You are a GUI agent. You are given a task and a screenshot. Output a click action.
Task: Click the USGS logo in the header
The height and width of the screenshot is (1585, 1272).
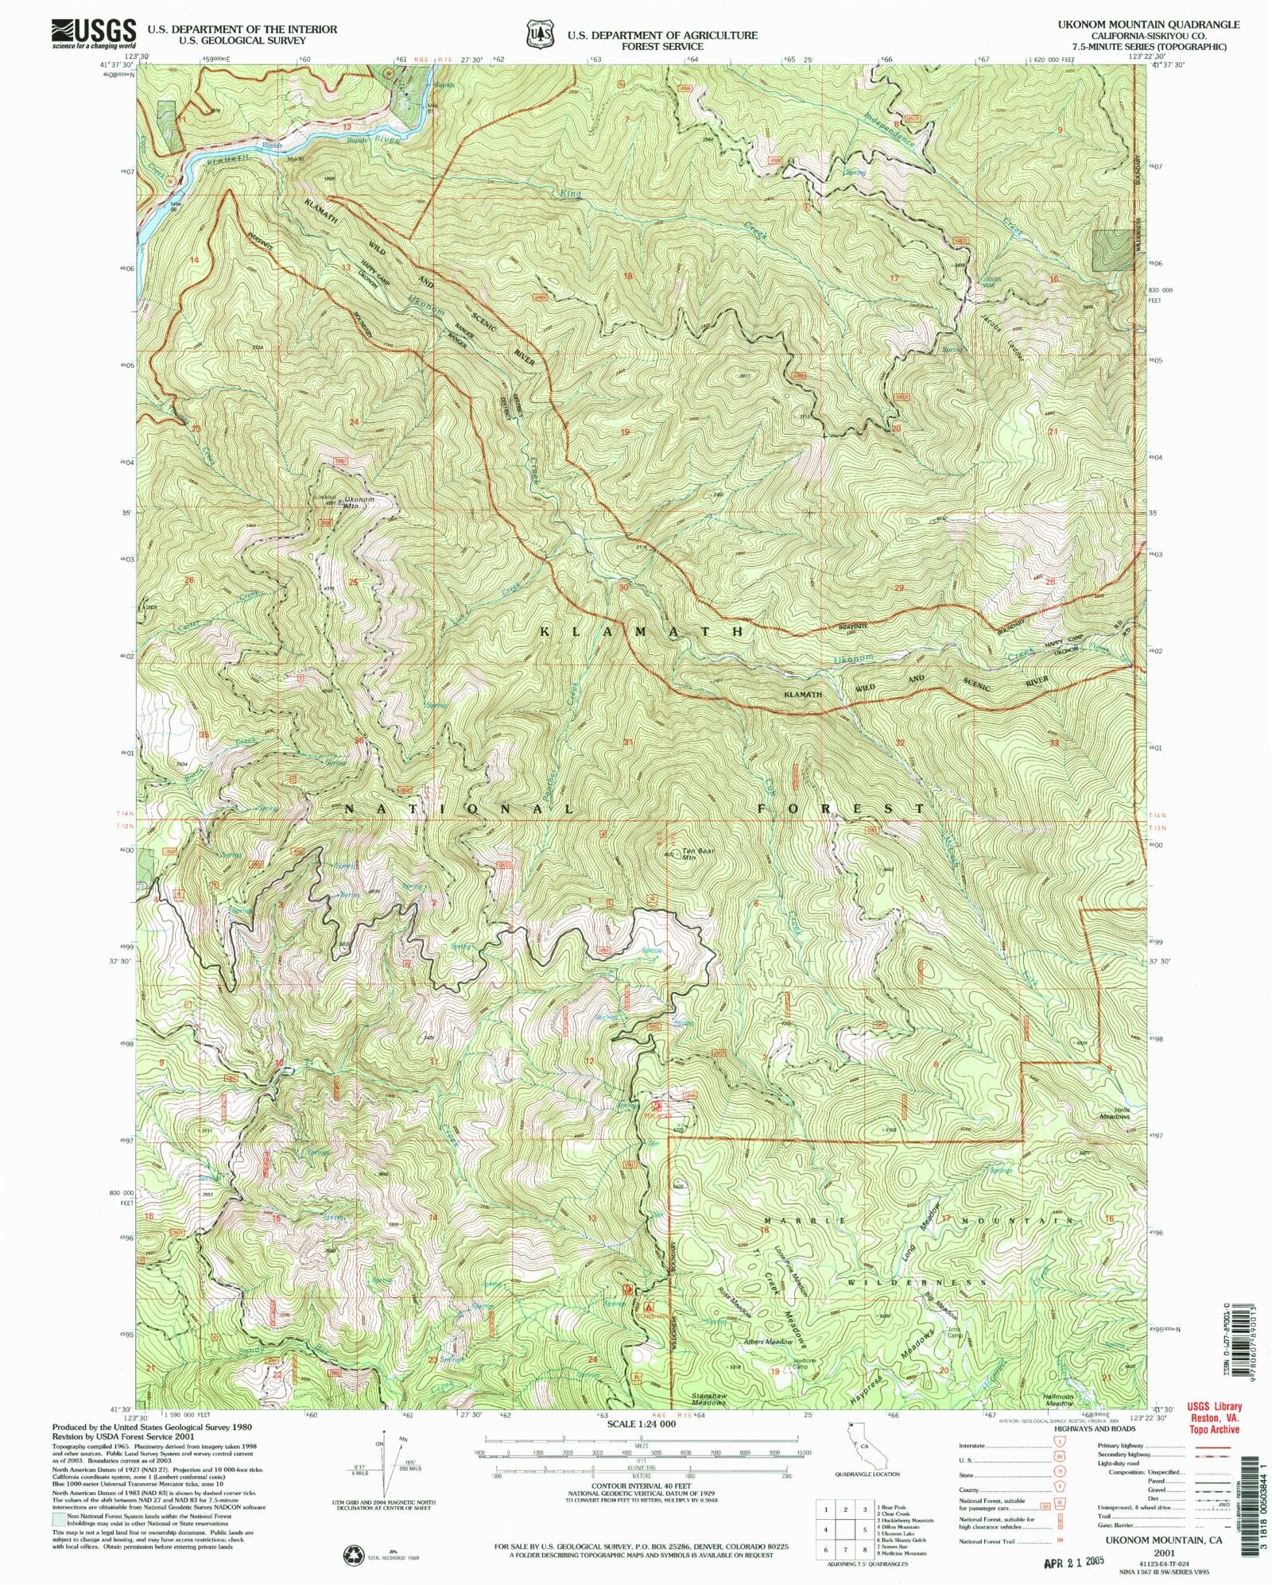point(94,33)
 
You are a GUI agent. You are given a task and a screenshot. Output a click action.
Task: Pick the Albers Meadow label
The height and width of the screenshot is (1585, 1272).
point(768,1342)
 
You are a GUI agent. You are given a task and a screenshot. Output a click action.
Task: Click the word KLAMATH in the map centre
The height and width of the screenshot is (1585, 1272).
point(642,631)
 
